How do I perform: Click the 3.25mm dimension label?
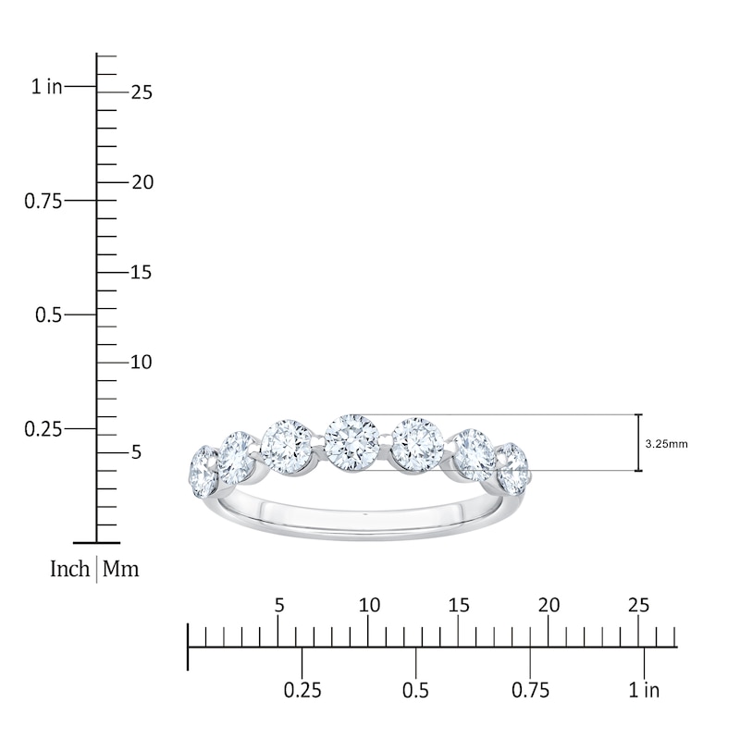(x=666, y=444)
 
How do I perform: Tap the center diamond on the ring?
(x=352, y=442)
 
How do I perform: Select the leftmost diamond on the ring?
(x=203, y=472)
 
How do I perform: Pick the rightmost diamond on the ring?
(x=513, y=469)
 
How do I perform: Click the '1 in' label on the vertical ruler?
(x=47, y=86)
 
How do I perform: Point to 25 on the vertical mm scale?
(x=142, y=92)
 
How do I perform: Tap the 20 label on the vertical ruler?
(x=142, y=182)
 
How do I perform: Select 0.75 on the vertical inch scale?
(x=43, y=201)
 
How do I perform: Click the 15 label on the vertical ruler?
(x=141, y=272)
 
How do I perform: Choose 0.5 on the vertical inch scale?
(x=49, y=314)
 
